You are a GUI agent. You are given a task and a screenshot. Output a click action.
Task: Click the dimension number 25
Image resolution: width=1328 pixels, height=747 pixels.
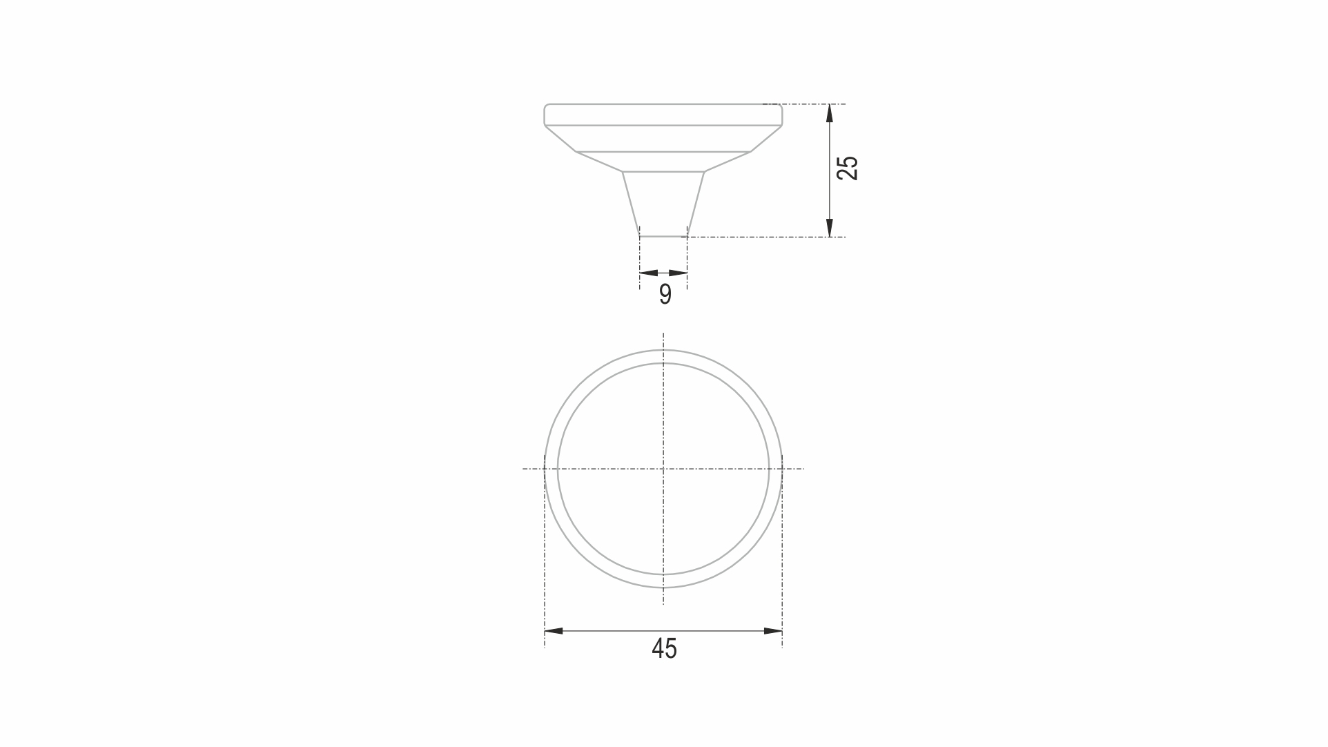click(x=848, y=168)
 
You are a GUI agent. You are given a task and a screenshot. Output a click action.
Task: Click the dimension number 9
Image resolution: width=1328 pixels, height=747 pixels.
click(x=665, y=294)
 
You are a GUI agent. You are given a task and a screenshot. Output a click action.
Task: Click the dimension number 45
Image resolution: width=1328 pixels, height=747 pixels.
click(x=664, y=648)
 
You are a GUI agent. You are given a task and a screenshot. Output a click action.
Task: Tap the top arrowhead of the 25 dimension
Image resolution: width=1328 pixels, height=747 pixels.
click(x=830, y=113)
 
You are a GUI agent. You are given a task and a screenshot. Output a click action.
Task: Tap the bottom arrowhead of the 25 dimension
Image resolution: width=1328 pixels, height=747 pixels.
click(x=830, y=228)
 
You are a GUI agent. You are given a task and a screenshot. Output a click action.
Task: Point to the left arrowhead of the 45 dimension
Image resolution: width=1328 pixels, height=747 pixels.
click(x=554, y=631)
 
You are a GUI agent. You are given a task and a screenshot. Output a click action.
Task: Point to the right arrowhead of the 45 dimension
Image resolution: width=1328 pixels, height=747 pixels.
click(x=773, y=631)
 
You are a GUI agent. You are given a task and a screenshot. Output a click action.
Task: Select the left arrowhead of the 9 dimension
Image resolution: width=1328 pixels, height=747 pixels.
click(x=649, y=273)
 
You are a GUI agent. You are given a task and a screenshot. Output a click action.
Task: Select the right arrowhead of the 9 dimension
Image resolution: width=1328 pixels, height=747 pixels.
click(x=678, y=273)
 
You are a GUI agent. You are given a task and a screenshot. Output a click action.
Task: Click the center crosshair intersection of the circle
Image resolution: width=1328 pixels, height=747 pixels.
click(x=663, y=469)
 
